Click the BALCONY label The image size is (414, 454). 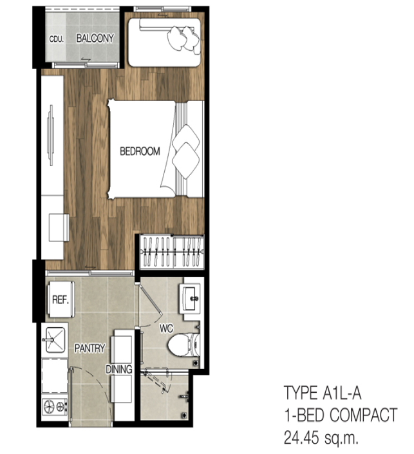click(x=95, y=38)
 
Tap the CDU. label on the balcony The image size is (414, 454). click(x=57, y=39)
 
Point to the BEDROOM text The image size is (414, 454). click(x=140, y=151)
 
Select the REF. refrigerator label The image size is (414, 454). click(x=61, y=299)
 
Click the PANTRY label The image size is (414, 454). click(x=89, y=348)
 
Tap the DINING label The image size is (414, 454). click(x=119, y=369)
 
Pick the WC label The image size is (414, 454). click(x=166, y=328)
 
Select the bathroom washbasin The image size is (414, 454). click(x=190, y=298)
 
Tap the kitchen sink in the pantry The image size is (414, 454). click(x=53, y=339)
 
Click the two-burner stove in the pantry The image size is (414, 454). click(x=55, y=406)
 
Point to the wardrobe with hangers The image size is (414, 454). click(x=172, y=252)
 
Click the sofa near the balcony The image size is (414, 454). click(x=164, y=43)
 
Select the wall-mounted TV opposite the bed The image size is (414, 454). click(x=51, y=135)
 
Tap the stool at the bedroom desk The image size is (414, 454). click(x=59, y=227)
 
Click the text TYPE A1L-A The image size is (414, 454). click(x=323, y=393)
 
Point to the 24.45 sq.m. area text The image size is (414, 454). click(x=321, y=437)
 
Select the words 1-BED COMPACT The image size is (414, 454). click(x=341, y=415)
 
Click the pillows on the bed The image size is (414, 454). click(x=186, y=152)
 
